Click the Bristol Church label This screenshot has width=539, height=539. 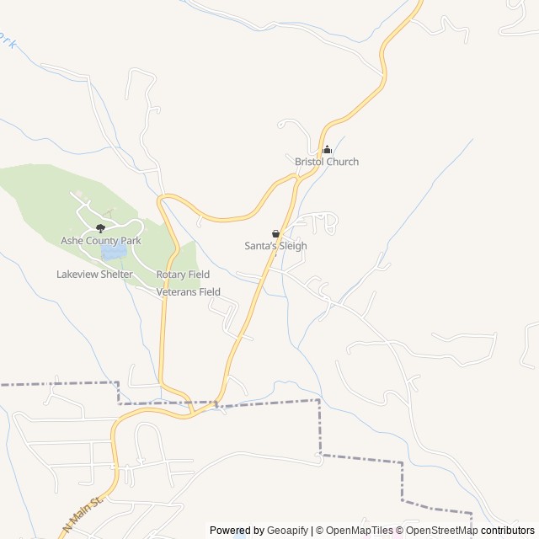(x=326, y=162)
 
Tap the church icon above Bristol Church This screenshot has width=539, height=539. (x=327, y=150)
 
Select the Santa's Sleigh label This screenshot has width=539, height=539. (x=275, y=246)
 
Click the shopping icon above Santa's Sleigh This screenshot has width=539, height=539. (x=275, y=233)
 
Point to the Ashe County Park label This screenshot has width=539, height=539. (x=100, y=241)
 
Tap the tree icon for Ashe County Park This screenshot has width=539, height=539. (x=100, y=227)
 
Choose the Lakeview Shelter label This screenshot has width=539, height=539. (x=94, y=275)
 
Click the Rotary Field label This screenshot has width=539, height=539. (x=183, y=275)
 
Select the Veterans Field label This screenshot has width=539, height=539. (x=188, y=292)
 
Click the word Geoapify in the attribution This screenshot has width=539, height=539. (x=288, y=531)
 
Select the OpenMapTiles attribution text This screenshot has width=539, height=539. (x=359, y=531)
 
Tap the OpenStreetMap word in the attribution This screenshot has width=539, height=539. (x=442, y=531)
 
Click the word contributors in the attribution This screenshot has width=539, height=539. (x=508, y=531)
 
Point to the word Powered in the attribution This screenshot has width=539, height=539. (x=225, y=531)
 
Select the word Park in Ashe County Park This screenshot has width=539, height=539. (x=130, y=241)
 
